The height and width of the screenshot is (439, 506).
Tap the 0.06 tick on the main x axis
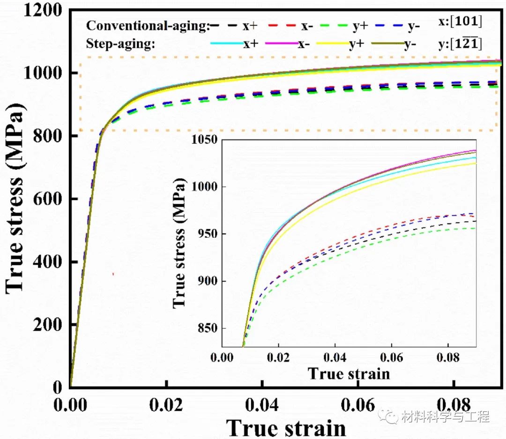click(358, 404)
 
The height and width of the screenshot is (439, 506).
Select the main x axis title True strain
click(286, 427)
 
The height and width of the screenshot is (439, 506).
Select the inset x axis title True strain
click(349, 373)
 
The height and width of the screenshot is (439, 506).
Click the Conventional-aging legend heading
click(148, 26)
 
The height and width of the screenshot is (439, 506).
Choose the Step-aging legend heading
click(121, 44)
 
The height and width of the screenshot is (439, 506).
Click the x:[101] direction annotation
click(459, 22)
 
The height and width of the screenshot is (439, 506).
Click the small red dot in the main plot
click(113, 274)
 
